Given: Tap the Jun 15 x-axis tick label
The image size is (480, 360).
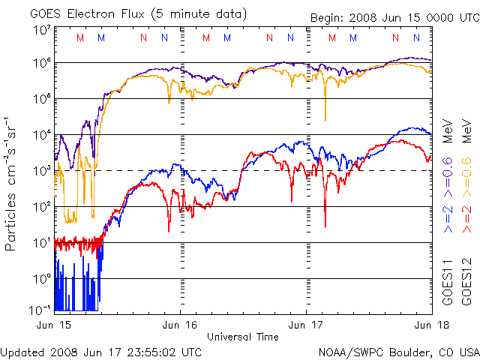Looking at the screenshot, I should (55, 325).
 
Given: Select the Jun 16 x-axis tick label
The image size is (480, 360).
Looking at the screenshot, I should (181, 325).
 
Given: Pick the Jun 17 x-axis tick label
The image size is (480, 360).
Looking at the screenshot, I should (305, 325).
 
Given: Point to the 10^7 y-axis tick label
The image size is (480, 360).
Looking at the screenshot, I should (41, 30).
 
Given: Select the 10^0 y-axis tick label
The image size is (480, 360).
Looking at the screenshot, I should (41, 278).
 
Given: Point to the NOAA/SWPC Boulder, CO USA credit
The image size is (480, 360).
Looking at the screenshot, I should (398, 352).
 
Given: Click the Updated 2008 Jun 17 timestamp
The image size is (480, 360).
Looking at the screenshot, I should (101, 352).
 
